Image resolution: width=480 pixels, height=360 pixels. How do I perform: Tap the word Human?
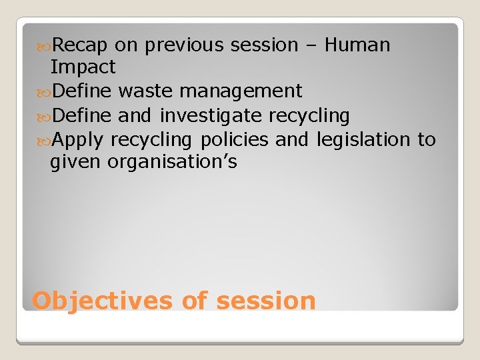pyautogui.click(x=357, y=45)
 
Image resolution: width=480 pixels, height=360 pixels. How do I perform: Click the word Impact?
pyautogui.click(x=83, y=67)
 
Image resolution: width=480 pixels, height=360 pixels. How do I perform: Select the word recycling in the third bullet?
pyautogui.click(x=309, y=116)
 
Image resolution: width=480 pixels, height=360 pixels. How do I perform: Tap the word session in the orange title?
pyautogui.click(x=265, y=301)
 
